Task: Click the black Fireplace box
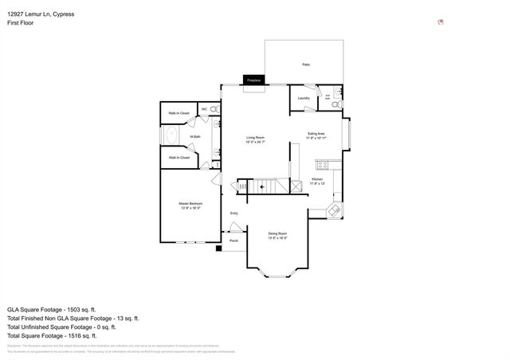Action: point(254,80)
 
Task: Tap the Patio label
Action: point(306,65)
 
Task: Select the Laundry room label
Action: point(303,98)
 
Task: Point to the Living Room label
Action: point(255,139)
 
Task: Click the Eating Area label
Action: point(317,135)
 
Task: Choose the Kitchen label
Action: point(317,181)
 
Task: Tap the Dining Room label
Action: point(277,235)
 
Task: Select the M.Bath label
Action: point(194,137)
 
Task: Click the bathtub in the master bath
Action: point(171,136)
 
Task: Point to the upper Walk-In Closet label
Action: point(178,114)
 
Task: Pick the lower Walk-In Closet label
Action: point(178,158)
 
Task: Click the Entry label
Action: point(234,213)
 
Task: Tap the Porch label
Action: point(234,241)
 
